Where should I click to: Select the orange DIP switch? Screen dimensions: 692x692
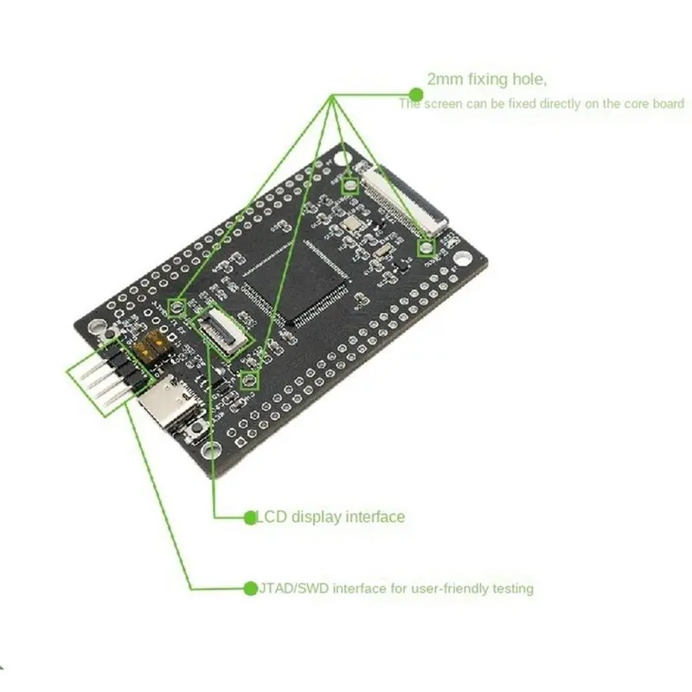point(150,345)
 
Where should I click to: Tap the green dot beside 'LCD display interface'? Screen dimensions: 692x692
point(250,517)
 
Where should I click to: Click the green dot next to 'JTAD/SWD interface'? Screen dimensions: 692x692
point(251,588)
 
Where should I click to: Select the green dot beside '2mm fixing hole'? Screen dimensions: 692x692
point(416,94)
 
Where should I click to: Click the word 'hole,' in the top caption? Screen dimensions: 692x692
point(529,80)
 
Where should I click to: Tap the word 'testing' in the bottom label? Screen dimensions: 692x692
point(513,589)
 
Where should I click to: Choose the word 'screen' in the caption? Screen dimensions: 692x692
point(443,104)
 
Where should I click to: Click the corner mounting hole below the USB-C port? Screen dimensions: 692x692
point(210,451)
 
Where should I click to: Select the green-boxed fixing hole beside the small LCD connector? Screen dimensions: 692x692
point(177,306)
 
